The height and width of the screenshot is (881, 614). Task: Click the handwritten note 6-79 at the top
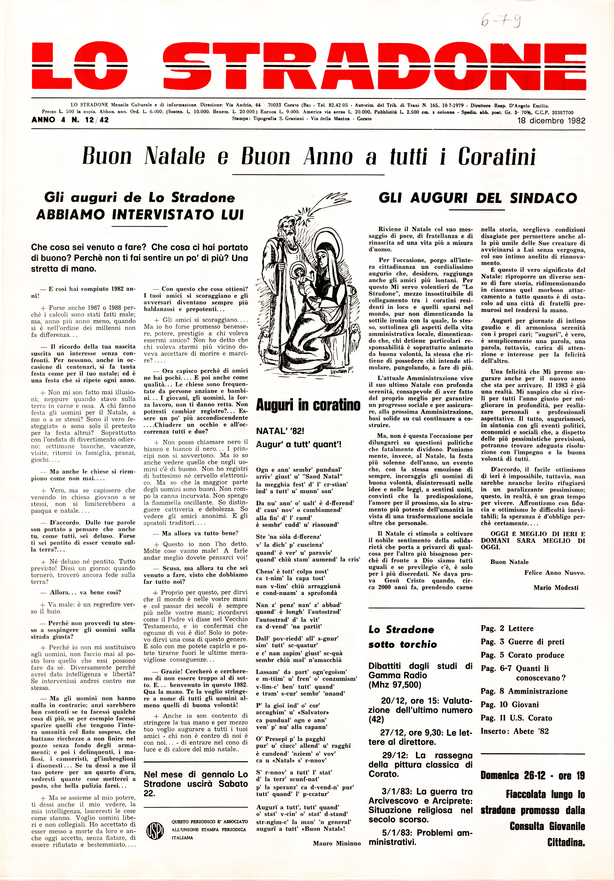click(x=500, y=21)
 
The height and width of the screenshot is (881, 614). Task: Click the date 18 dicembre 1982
click(x=551, y=121)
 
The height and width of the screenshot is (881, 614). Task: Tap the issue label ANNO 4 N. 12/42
click(x=70, y=120)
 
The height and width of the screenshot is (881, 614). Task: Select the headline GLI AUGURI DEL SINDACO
click(x=478, y=198)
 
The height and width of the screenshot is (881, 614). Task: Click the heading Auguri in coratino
click(x=308, y=405)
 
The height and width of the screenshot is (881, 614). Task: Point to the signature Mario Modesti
click(x=556, y=587)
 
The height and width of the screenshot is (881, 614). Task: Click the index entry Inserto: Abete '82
click(x=515, y=731)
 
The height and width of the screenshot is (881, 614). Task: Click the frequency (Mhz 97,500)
click(x=395, y=684)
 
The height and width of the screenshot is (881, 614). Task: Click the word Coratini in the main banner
click(x=496, y=156)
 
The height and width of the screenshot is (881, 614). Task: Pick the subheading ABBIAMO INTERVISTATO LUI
click(x=140, y=215)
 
